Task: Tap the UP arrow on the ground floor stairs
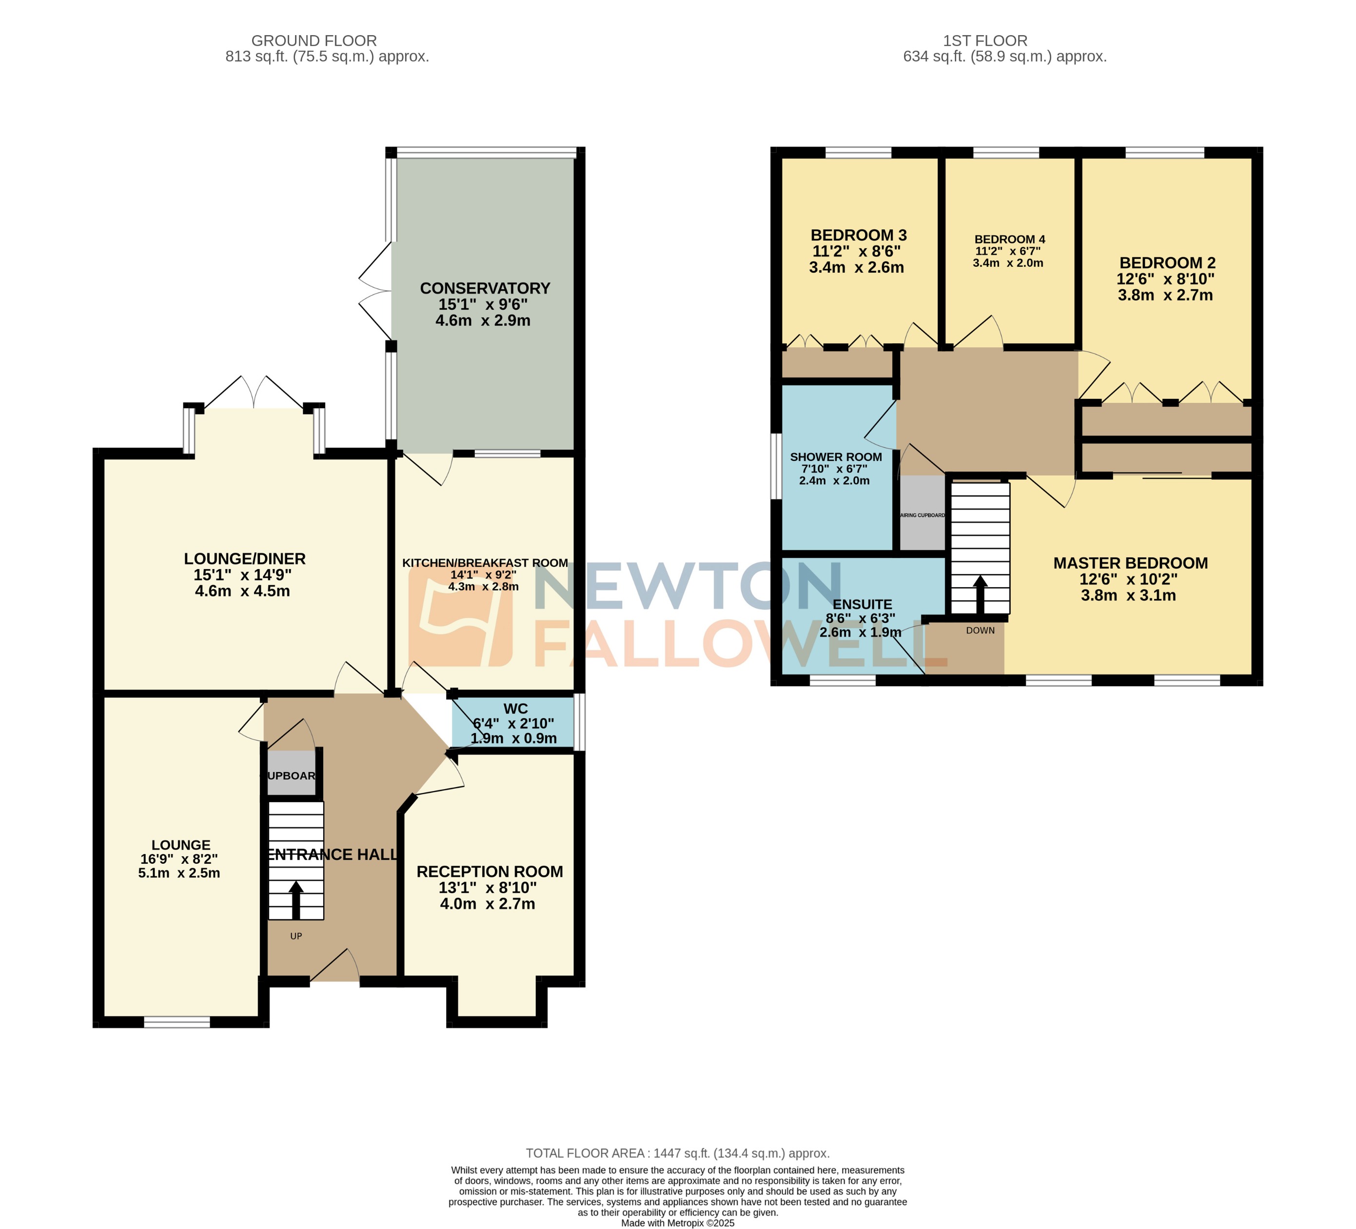pyautogui.click(x=296, y=899)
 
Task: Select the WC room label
pyautogui.click(x=515, y=708)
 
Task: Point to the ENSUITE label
pyautogui.click(x=862, y=605)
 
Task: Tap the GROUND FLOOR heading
pyautogui.click(x=314, y=41)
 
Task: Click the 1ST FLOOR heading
pyautogui.click(x=985, y=41)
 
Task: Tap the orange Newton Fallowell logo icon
pyautogui.click(x=460, y=616)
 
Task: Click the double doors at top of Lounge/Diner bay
pyautogui.click(x=254, y=394)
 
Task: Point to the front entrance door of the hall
pyautogui.click(x=334, y=967)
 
